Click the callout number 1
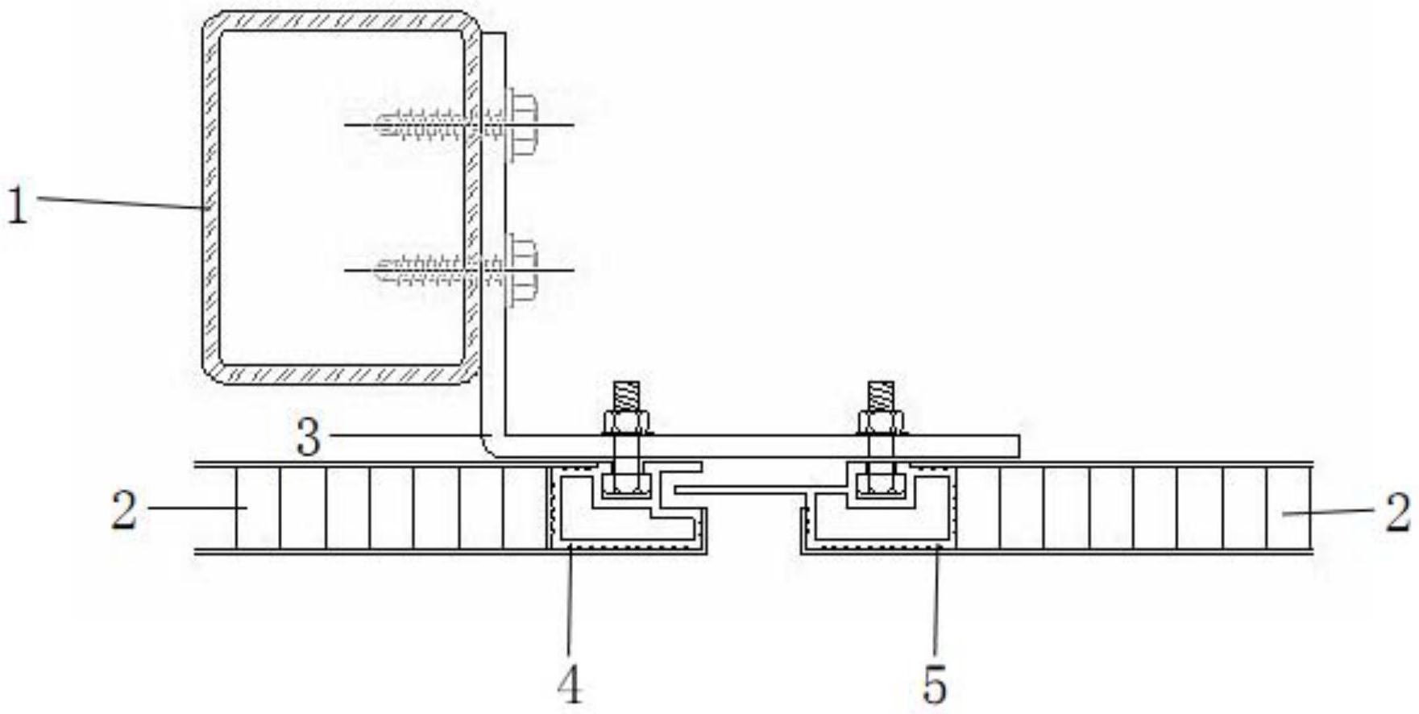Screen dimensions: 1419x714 pyautogui.click(x=18, y=205)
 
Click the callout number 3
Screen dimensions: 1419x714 pyautogui.click(x=309, y=439)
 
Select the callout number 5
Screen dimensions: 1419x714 pyautogui.click(x=935, y=686)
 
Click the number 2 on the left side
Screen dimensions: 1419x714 pyautogui.click(x=124, y=511)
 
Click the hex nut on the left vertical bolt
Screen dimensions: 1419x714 pyautogui.click(x=626, y=421)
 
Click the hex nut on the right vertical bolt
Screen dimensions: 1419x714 pyautogui.click(x=880, y=421)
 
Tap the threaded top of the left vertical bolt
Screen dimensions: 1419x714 pyautogui.click(x=626, y=394)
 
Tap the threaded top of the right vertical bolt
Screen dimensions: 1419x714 pyautogui.click(x=880, y=394)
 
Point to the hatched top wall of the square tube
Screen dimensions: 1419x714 pyautogui.click(x=338, y=20)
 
